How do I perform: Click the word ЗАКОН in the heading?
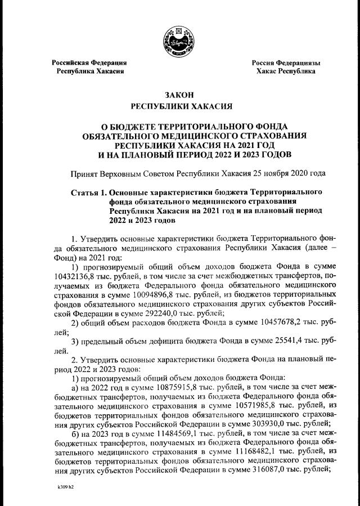(x=179, y=96)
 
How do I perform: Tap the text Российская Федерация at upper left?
(x=89, y=62)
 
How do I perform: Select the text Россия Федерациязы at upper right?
(x=286, y=62)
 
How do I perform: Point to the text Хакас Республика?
(x=286, y=71)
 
